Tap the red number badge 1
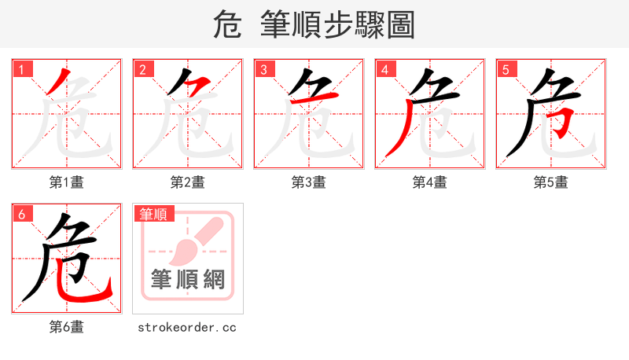[21, 69]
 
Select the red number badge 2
[142, 69]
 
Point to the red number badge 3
[263, 69]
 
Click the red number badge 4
[384, 69]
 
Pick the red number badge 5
[506, 69]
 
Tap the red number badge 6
[21, 214]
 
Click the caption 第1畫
[67, 182]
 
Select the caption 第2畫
[188, 182]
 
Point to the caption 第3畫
[309, 182]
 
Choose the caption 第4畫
[430, 182]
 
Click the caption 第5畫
[551, 182]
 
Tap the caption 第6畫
[67, 327]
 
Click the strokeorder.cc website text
[187, 327]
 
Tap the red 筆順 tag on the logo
[153, 214]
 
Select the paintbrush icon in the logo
[193, 241]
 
